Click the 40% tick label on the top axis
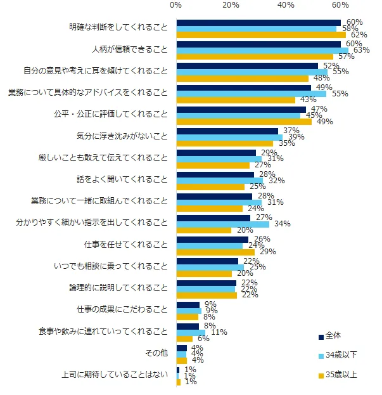point(286,6)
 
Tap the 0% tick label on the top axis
point(176,6)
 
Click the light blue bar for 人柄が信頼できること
point(262,50)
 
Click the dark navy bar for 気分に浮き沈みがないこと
point(227,131)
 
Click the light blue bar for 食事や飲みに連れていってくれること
point(191,332)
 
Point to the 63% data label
point(359,50)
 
